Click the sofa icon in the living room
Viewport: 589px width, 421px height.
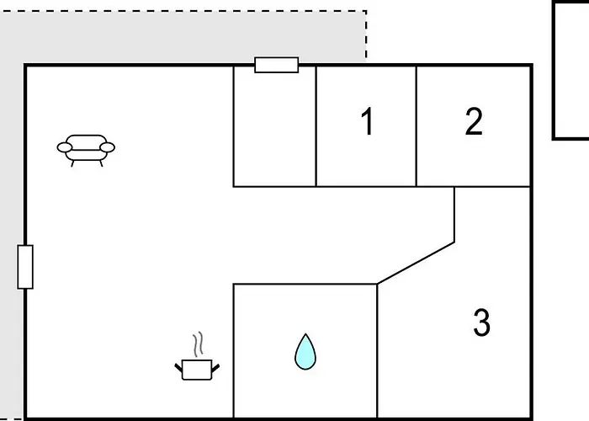point(86,151)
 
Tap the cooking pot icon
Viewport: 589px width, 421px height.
point(197,370)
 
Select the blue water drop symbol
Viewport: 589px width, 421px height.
point(305,352)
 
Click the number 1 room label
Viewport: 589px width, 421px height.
point(367,121)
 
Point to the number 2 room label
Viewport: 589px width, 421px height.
point(474,121)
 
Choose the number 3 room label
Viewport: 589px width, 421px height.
point(481,322)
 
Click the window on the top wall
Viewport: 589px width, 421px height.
point(277,65)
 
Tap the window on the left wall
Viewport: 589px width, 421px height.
point(25,267)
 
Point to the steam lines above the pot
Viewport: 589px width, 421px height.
point(198,344)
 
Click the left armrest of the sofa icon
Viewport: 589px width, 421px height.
point(65,147)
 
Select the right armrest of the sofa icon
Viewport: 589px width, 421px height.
point(108,147)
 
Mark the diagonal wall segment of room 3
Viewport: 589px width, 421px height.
point(416,263)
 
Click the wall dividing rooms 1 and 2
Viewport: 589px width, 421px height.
point(417,126)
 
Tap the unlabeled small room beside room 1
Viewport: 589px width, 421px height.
point(274,126)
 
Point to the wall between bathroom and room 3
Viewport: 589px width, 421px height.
point(377,350)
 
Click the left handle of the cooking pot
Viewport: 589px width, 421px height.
point(178,367)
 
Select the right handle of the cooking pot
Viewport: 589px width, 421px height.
point(215,368)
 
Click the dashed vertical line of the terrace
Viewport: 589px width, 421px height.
point(366,36)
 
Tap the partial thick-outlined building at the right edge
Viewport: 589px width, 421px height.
point(570,71)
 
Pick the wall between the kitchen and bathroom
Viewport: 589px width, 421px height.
point(233,350)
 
